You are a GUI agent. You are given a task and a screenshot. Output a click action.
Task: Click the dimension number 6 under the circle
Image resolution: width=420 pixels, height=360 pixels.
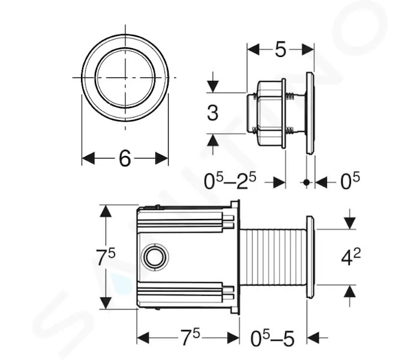[125, 158]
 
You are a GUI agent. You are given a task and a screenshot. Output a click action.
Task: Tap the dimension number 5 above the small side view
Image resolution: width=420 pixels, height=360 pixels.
[280, 50]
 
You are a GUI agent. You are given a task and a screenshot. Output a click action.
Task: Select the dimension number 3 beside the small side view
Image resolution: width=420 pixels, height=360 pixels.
[212, 113]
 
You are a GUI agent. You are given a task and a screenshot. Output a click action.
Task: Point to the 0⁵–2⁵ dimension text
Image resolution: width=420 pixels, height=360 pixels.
[230, 181]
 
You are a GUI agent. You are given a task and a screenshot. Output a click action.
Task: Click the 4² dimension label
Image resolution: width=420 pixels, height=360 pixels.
[351, 257]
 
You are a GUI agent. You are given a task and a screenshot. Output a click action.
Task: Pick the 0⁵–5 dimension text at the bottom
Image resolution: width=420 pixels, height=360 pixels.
[272, 338]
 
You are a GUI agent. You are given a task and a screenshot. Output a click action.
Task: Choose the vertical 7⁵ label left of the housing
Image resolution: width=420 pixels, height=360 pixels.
[106, 257]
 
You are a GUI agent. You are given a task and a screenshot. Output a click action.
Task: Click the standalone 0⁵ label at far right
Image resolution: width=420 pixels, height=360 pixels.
[350, 182]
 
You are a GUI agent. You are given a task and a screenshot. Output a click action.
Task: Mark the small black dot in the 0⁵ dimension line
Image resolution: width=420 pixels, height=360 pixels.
[307, 182]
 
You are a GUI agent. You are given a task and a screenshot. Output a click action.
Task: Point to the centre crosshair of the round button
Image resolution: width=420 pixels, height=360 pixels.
[125, 77]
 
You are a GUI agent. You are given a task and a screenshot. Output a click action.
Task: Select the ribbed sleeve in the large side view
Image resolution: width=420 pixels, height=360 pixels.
[272, 257]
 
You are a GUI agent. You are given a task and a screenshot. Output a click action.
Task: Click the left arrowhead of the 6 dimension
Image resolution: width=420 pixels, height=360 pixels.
[88, 158]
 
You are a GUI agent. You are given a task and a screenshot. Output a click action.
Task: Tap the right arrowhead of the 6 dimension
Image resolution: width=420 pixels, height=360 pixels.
[162, 158]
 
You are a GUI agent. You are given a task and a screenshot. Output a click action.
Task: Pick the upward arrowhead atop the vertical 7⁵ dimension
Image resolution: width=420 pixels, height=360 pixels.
[106, 212]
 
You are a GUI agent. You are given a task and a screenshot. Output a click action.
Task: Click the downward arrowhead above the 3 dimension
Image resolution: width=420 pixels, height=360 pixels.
[213, 86]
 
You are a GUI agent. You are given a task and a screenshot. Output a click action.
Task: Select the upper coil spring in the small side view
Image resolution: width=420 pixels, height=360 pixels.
[290, 95]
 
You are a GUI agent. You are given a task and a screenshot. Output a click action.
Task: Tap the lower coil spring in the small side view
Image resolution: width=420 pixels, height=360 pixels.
[290, 130]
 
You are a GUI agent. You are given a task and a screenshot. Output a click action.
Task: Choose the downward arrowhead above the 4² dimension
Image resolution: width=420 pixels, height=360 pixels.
[350, 223]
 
